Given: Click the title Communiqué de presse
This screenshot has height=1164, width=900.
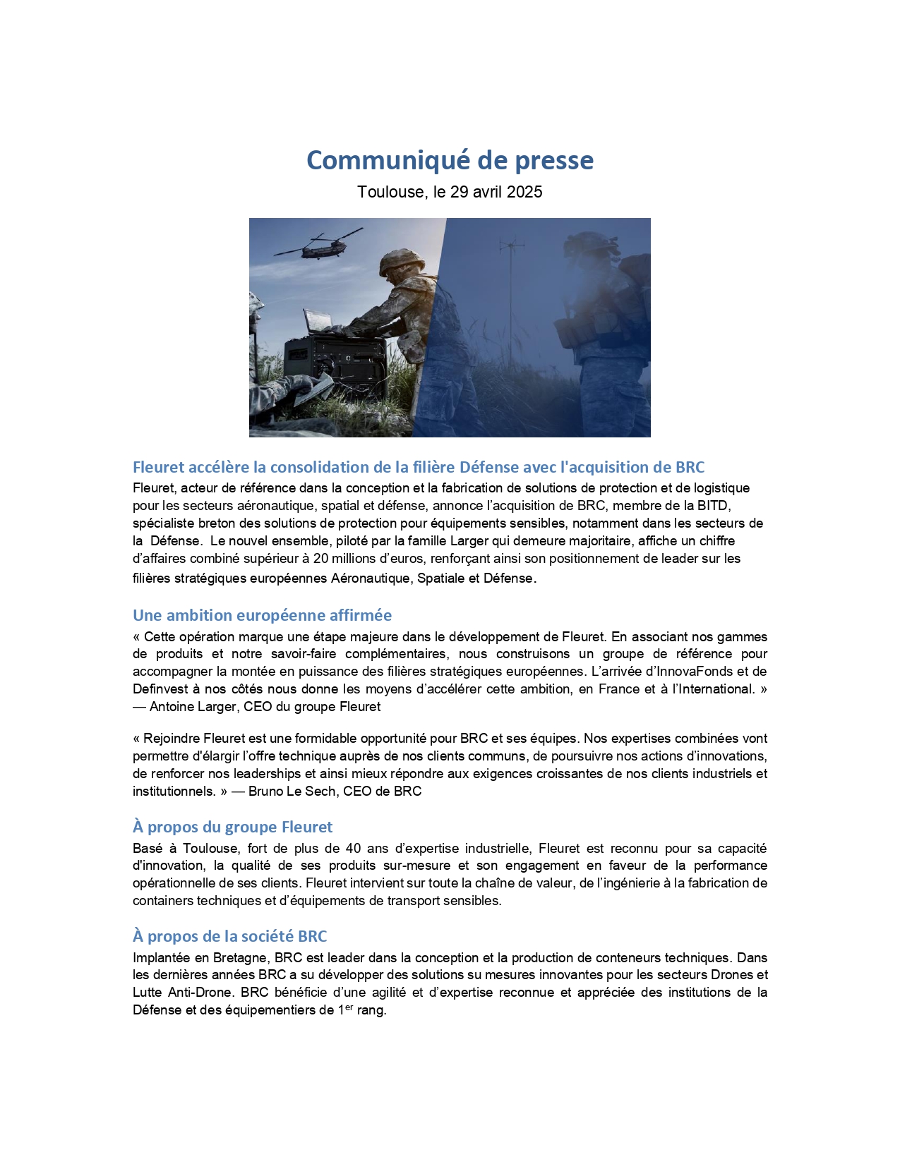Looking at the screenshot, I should (x=450, y=160).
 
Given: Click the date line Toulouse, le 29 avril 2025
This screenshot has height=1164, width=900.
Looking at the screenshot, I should (x=450, y=192).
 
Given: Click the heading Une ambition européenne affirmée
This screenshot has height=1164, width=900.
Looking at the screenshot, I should (x=262, y=615).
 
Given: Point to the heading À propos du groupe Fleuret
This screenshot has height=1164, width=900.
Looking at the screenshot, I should (x=232, y=827).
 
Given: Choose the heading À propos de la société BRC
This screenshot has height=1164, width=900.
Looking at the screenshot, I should (x=229, y=936).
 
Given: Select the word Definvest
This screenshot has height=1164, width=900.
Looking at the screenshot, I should (x=157, y=689).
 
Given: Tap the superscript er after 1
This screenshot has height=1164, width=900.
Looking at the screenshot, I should (x=349, y=1007).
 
